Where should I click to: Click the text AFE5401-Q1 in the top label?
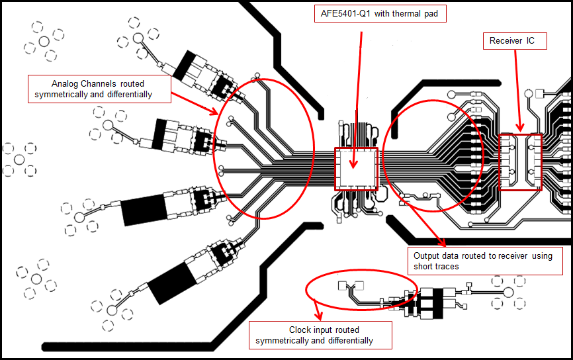pos(343,14)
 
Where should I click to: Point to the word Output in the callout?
pos(427,255)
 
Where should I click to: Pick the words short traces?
pos(436,266)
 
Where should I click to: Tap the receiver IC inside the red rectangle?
pos(520,161)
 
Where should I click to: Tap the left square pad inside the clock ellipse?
pos(342,286)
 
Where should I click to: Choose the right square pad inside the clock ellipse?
pos(361,286)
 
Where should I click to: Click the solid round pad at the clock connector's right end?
pos(508,292)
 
